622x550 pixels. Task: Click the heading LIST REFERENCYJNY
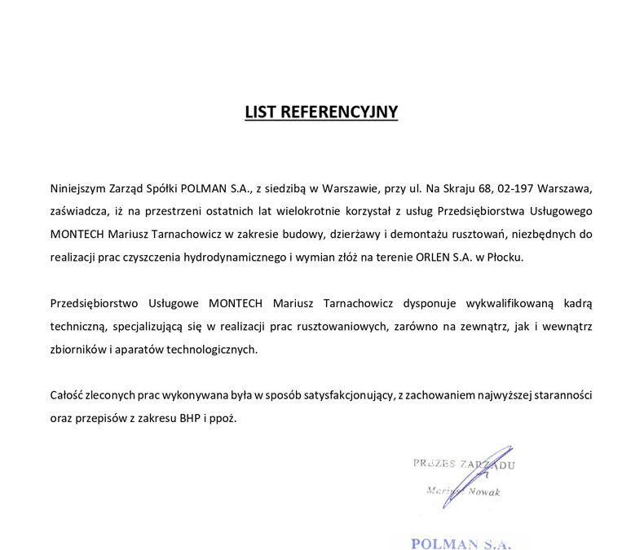(321, 112)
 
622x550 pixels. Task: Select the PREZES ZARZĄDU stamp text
(463, 464)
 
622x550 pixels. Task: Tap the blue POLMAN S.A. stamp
(461, 543)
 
